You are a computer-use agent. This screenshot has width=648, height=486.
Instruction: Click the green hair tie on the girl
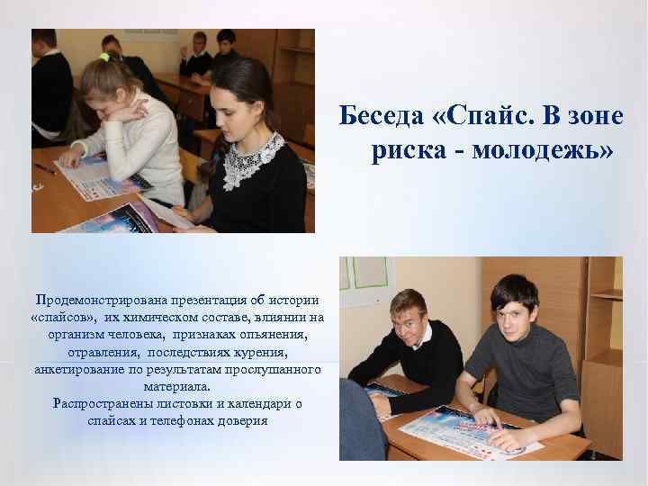click(105, 58)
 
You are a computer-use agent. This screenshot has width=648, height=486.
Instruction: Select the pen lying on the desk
click(44, 168)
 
